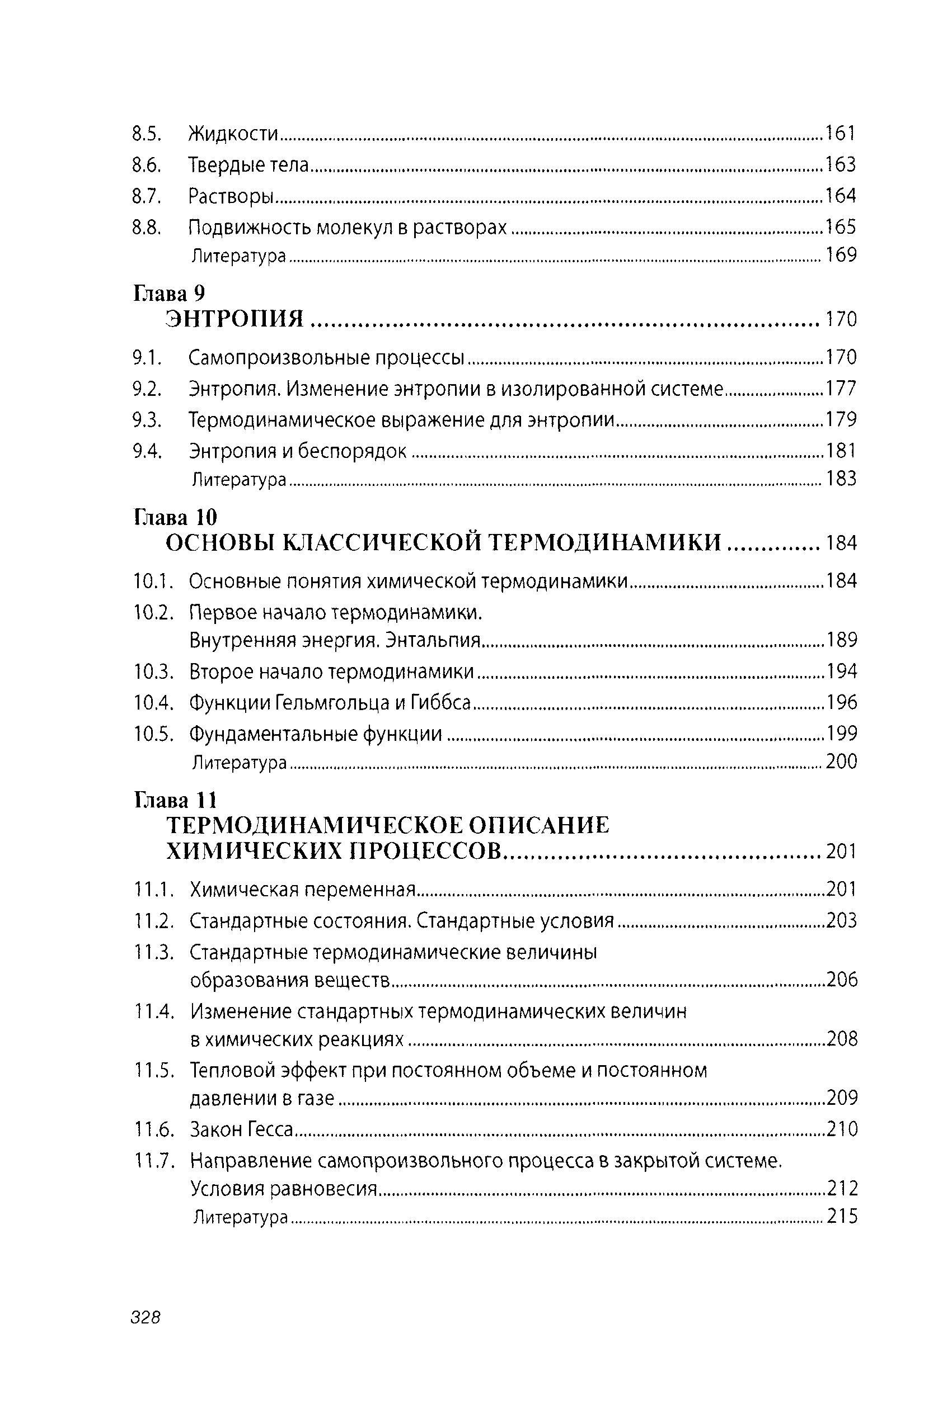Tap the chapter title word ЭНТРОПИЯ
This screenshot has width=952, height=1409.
click(x=236, y=319)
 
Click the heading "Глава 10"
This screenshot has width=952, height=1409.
click(x=175, y=517)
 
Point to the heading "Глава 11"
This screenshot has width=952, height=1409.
click(x=175, y=801)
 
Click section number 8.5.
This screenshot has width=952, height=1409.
click(x=147, y=134)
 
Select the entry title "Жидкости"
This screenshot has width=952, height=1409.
click(x=233, y=134)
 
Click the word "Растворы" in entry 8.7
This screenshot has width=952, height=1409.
click(x=229, y=196)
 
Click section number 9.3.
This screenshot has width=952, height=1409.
click(x=147, y=419)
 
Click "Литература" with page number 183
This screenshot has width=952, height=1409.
click(x=238, y=480)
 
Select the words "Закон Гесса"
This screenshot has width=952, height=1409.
click(x=241, y=1129)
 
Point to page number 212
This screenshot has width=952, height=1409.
click(x=842, y=1188)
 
